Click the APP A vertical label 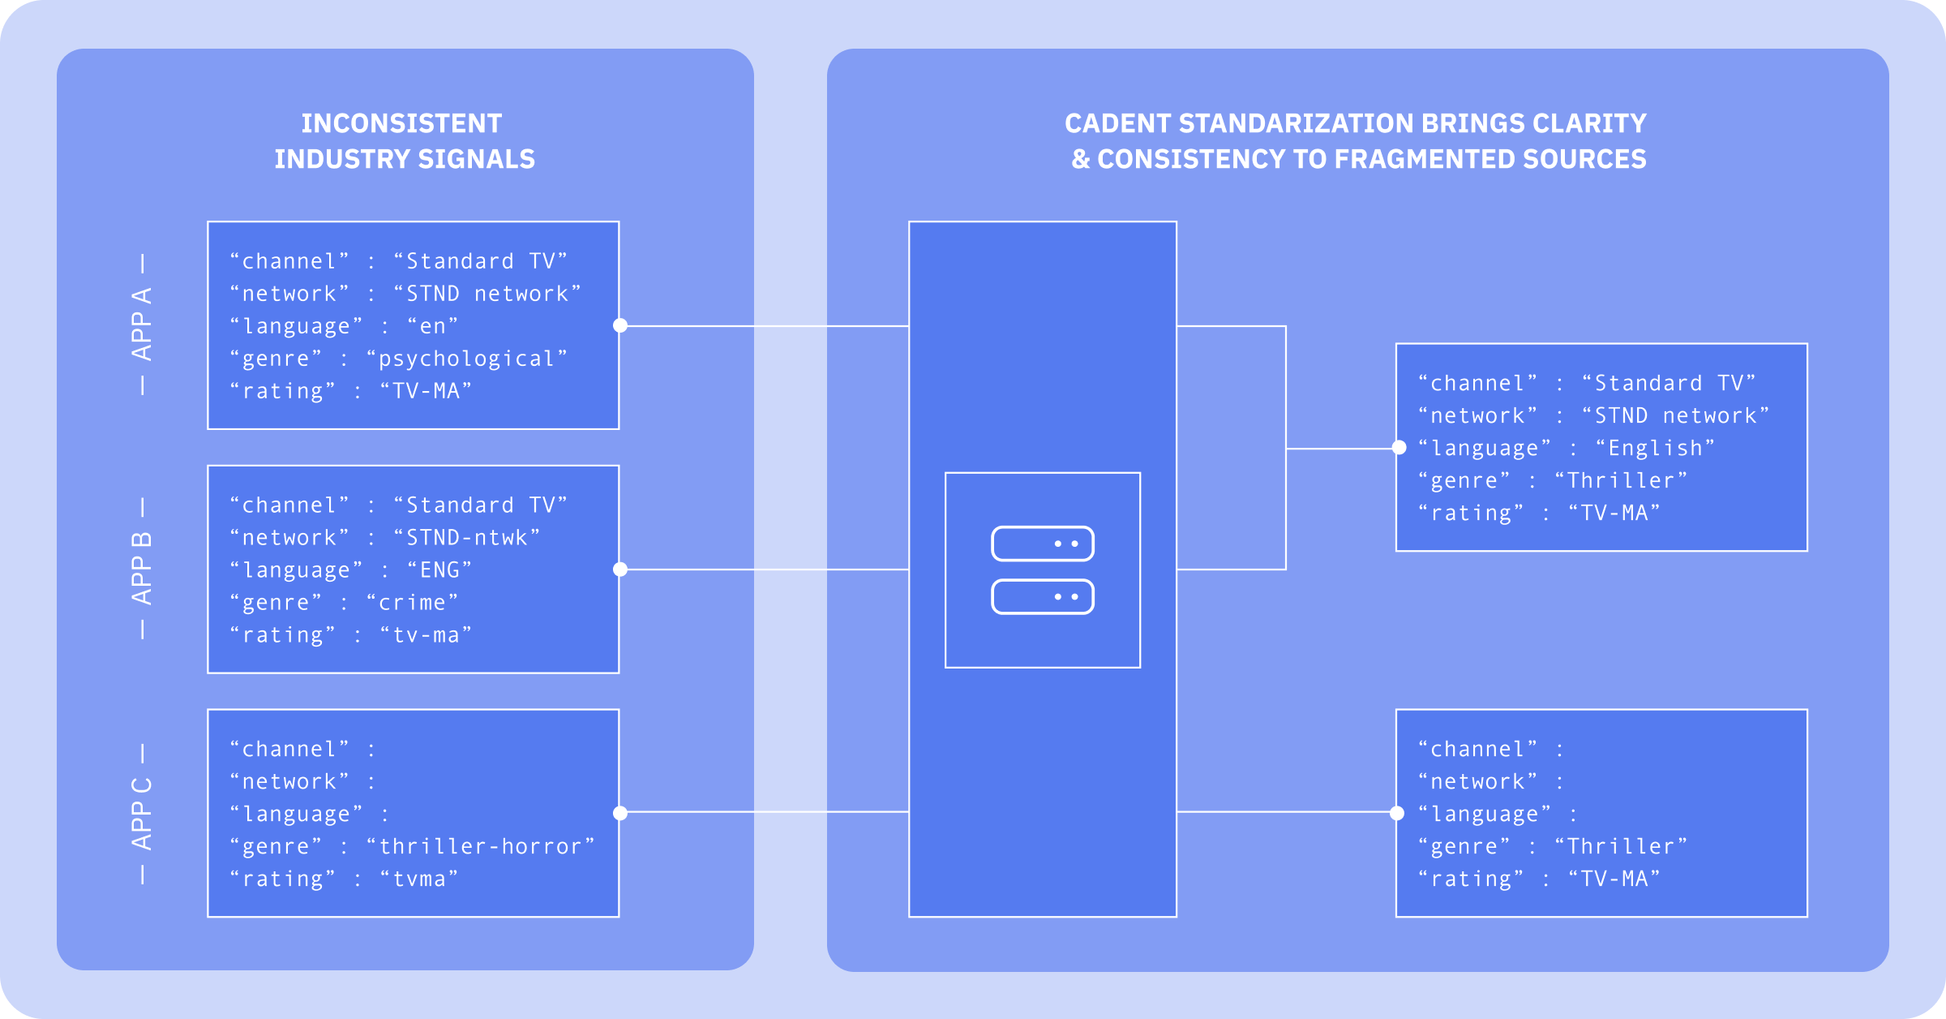click(142, 325)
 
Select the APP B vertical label click(142, 569)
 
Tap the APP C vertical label click(142, 813)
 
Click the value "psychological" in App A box click(466, 359)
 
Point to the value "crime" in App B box click(412, 603)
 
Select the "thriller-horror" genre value click(480, 846)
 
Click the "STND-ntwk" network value click(466, 538)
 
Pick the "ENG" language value click(439, 570)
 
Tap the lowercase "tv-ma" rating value click(426, 635)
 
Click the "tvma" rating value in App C click(418, 879)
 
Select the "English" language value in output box click(1654, 448)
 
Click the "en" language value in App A click(432, 326)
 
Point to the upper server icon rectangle click(1042, 544)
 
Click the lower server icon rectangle click(1042, 597)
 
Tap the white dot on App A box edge click(620, 325)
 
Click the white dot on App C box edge click(620, 813)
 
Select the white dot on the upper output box click(1399, 448)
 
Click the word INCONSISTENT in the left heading click(401, 123)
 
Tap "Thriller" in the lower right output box click(1620, 846)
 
